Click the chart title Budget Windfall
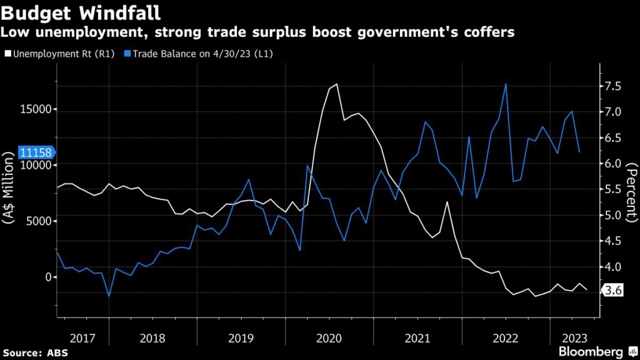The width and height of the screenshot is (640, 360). pos(81,12)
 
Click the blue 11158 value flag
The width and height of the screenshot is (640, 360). pos(36,152)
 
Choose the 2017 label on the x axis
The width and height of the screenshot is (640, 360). pos(82,338)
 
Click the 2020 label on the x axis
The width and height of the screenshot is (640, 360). pos(329,338)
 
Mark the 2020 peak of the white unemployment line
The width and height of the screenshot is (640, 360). pos(337,84)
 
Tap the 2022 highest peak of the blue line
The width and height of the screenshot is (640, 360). pos(506,84)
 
